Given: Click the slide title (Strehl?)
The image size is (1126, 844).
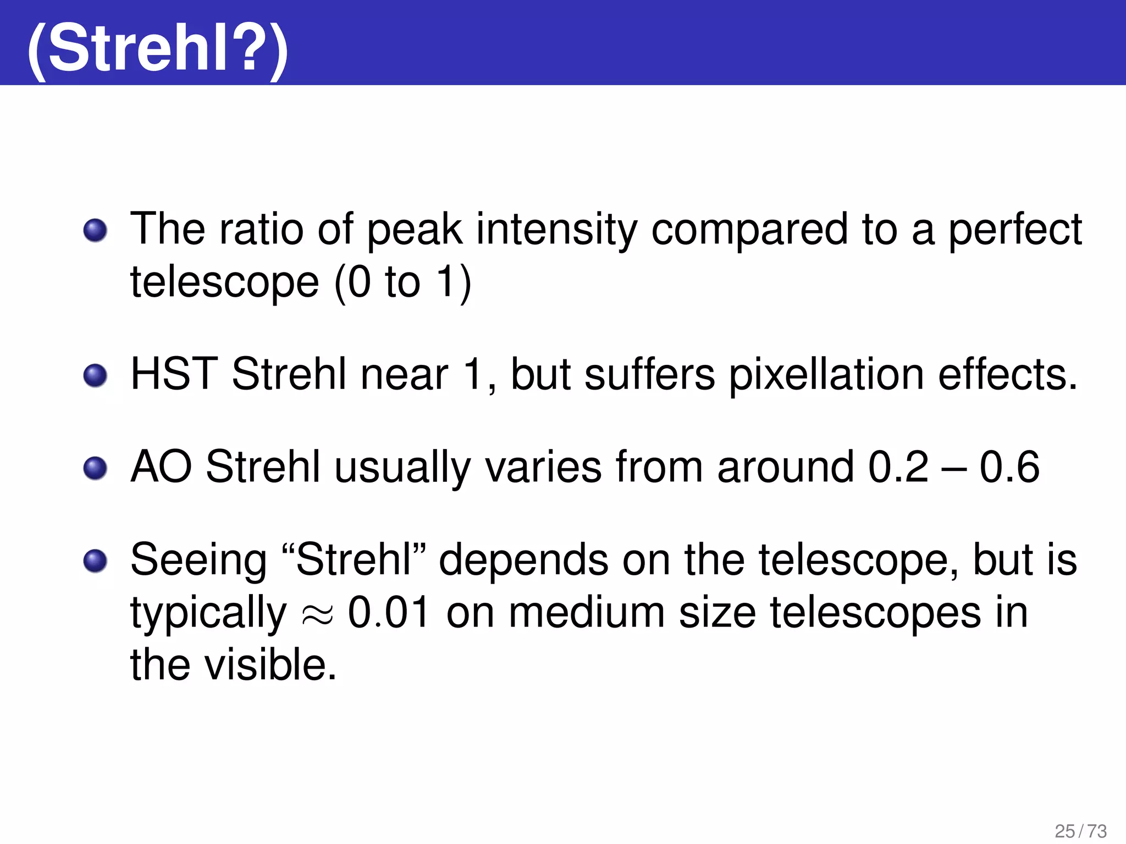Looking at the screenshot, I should click(x=158, y=48).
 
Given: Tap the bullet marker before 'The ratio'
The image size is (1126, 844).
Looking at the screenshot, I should click(x=95, y=230).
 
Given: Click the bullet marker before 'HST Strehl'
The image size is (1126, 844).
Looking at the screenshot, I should click(x=95, y=376).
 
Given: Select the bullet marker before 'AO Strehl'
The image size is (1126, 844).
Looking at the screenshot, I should click(x=95, y=468).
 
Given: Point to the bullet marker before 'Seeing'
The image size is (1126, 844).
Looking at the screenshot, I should click(x=95, y=560).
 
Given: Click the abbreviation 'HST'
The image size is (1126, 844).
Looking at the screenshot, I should click(x=174, y=375).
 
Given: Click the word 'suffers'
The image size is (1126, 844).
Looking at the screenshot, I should click(x=649, y=375).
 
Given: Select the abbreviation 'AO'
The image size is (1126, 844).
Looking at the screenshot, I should click(x=161, y=467).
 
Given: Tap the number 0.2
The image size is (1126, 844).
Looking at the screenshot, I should click(x=898, y=467).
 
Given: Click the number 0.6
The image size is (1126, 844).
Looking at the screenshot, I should click(x=1009, y=467).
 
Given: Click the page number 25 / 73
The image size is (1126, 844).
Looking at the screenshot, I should click(x=1080, y=831).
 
